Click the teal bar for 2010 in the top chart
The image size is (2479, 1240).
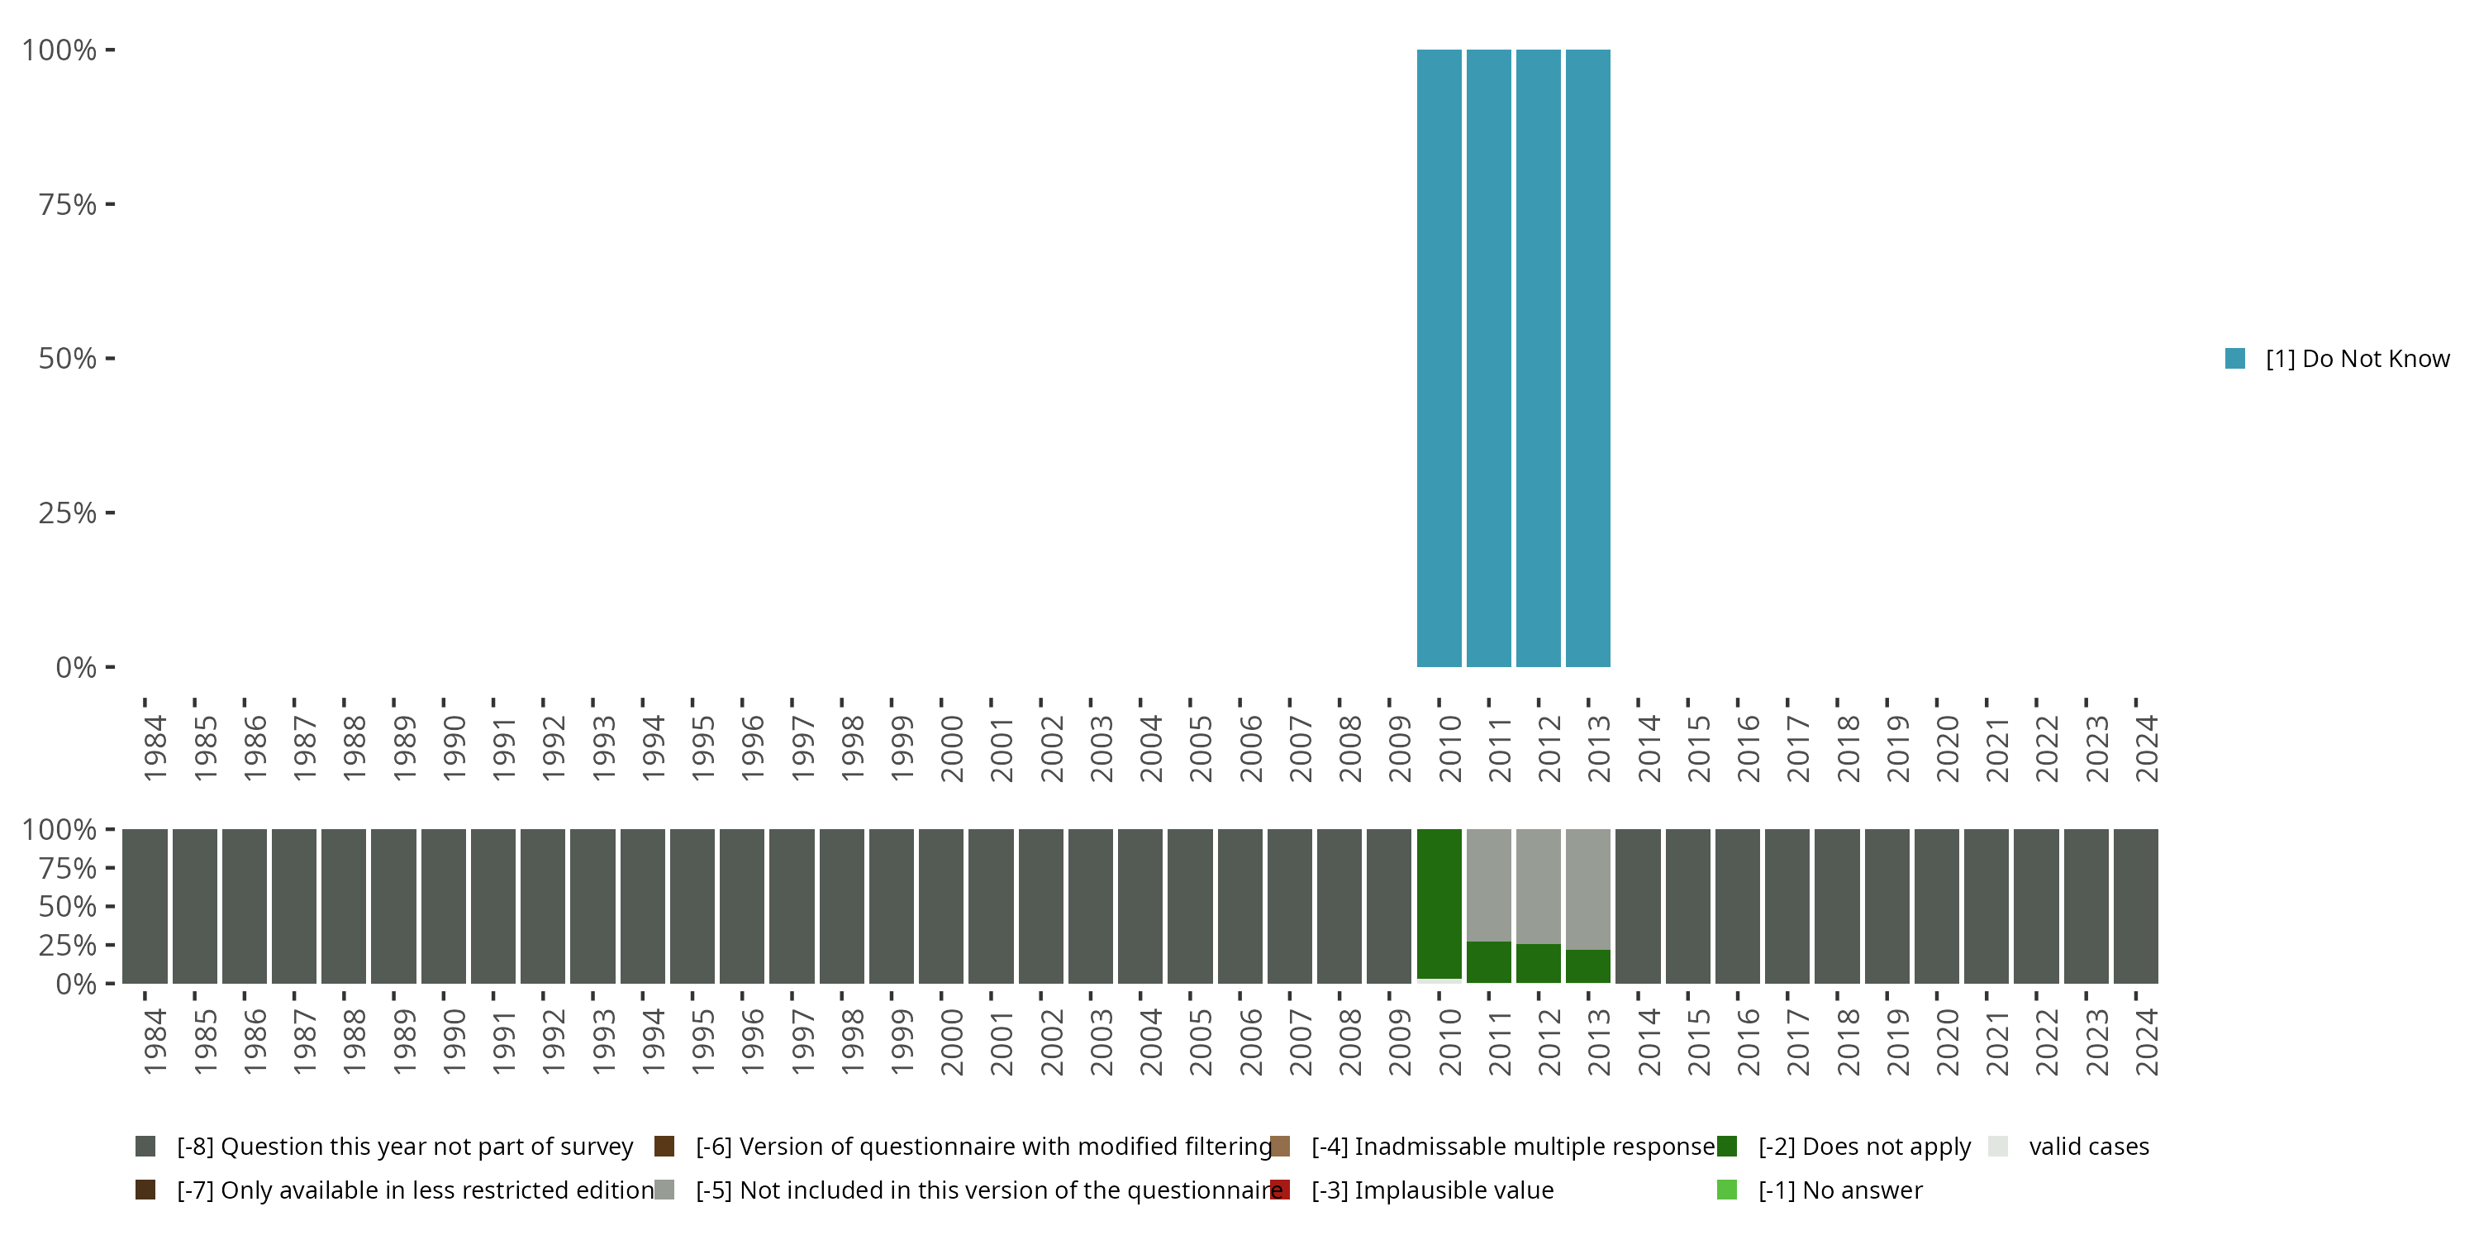click(1439, 358)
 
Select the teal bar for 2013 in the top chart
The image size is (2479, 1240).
click(1588, 358)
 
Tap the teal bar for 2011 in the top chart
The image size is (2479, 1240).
click(1489, 358)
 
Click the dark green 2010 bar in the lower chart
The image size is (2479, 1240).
click(1439, 903)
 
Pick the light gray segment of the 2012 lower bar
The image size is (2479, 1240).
click(1538, 885)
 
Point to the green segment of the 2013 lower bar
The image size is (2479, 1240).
click(1588, 966)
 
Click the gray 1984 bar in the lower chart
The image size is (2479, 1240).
click(145, 906)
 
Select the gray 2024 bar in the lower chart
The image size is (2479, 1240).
click(2135, 906)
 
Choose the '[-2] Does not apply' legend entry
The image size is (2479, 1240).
click(1864, 1147)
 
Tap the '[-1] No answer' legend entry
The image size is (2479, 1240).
click(1840, 1190)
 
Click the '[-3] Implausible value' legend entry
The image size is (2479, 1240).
click(1432, 1190)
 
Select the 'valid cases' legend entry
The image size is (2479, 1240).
click(2088, 1147)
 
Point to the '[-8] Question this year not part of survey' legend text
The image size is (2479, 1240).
click(405, 1147)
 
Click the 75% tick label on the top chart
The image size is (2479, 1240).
click(68, 204)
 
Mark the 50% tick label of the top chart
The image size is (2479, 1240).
click(68, 358)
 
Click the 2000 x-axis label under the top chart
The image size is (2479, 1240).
click(951, 748)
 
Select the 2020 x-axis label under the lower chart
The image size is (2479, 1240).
click(1947, 1042)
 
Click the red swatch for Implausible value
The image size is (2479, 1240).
click(1280, 1190)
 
